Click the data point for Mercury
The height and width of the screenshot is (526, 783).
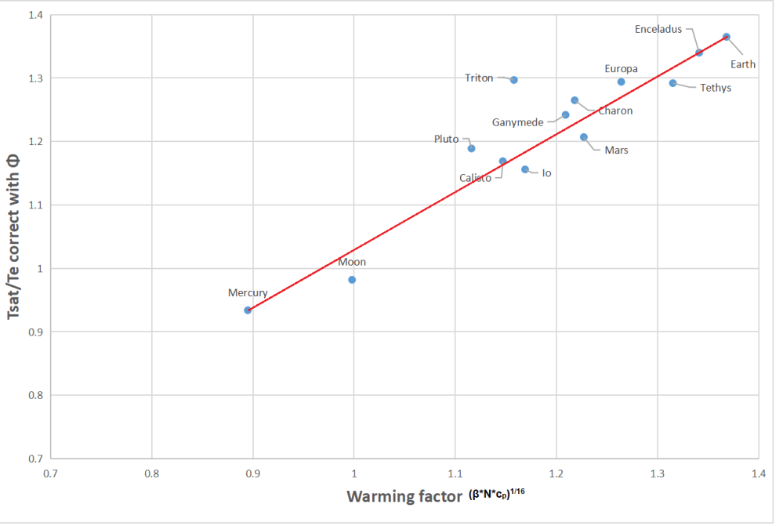pyautogui.click(x=248, y=310)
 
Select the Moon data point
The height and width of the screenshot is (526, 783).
pyautogui.click(x=352, y=280)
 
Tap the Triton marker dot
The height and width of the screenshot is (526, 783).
pyautogui.click(x=514, y=80)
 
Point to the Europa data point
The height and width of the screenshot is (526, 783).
pyautogui.click(x=622, y=82)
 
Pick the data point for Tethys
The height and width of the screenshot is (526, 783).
pyautogui.click(x=672, y=83)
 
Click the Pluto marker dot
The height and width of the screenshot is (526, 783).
pyautogui.click(x=471, y=148)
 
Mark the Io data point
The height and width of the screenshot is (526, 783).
pyautogui.click(x=525, y=169)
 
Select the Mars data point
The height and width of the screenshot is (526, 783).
pyautogui.click(x=584, y=137)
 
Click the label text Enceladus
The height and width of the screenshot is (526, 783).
pyautogui.click(x=658, y=30)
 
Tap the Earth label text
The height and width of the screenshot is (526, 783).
pyautogui.click(x=743, y=64)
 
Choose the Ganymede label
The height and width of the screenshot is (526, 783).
pyautogui.click(x=517, y=122)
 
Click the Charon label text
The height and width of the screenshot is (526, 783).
pyautogui.click(x=615, y=111)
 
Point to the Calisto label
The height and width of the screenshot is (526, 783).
pyautogui.click(x=476, y=178)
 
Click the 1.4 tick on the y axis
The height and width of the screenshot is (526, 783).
pyautogui.click(x=34, y=15)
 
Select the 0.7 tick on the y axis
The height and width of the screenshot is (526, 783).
pyautogui.click(x=34, y=459)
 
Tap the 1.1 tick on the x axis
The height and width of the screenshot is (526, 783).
pyautogui.click(x=455, y=473)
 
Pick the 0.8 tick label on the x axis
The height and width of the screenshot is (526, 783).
pyautogui.click(x=151, y=473)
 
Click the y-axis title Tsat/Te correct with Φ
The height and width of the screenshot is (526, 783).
pyautogui.click(x=14, y=235)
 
